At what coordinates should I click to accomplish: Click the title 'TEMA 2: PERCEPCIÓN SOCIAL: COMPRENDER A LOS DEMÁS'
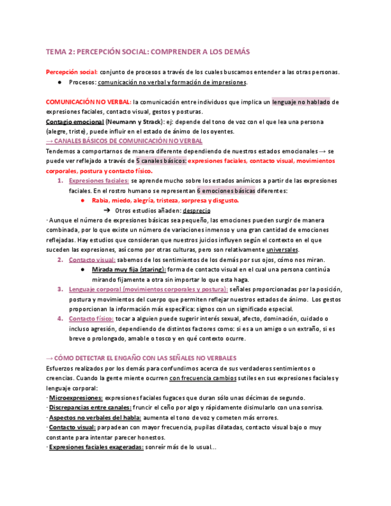(148, 52)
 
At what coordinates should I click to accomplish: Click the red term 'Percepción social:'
(72, 72)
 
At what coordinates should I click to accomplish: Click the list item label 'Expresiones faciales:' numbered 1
(98, 181)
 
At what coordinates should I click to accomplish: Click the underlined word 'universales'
(282, 249)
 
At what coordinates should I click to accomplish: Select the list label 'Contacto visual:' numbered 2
(92, 260)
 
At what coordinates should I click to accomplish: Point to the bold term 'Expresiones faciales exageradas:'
(96, 447)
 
